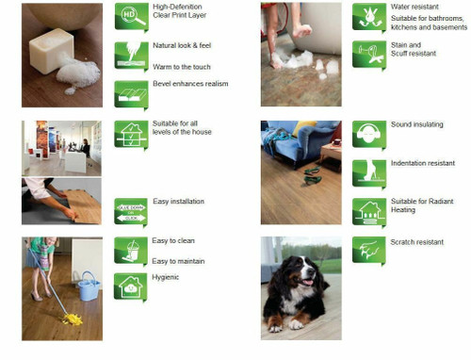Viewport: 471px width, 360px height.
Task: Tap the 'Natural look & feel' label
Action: [x=183, y=46]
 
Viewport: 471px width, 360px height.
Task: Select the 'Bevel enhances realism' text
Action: [x=189, y=84]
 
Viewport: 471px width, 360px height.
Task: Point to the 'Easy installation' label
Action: [x=178, y=202]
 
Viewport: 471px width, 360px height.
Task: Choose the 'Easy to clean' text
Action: [x=175, y=242]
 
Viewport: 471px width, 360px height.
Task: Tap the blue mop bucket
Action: [x=89, y=285]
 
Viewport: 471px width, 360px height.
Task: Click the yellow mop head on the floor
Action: [x=72, y=320]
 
